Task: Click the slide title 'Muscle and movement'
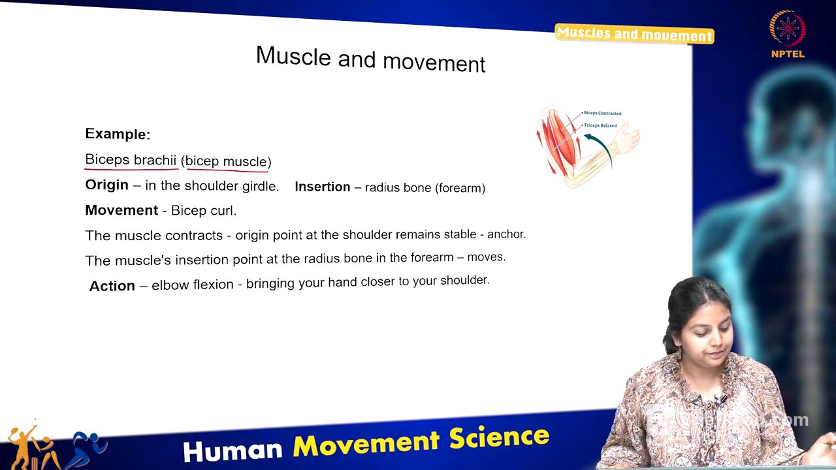(370, 59)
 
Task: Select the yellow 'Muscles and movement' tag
(634, 34)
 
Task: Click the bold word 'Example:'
(118, 134)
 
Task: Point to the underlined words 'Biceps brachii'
(131, 160)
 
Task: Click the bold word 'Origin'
(106, 185)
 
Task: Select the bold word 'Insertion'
(323, 187)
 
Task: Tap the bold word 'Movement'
(121, 210)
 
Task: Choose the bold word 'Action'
(112, 286)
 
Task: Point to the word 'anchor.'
(506, 234)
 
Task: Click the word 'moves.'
(487, 257)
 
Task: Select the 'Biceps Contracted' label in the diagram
(602, 114)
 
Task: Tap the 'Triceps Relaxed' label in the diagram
(600, 125)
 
